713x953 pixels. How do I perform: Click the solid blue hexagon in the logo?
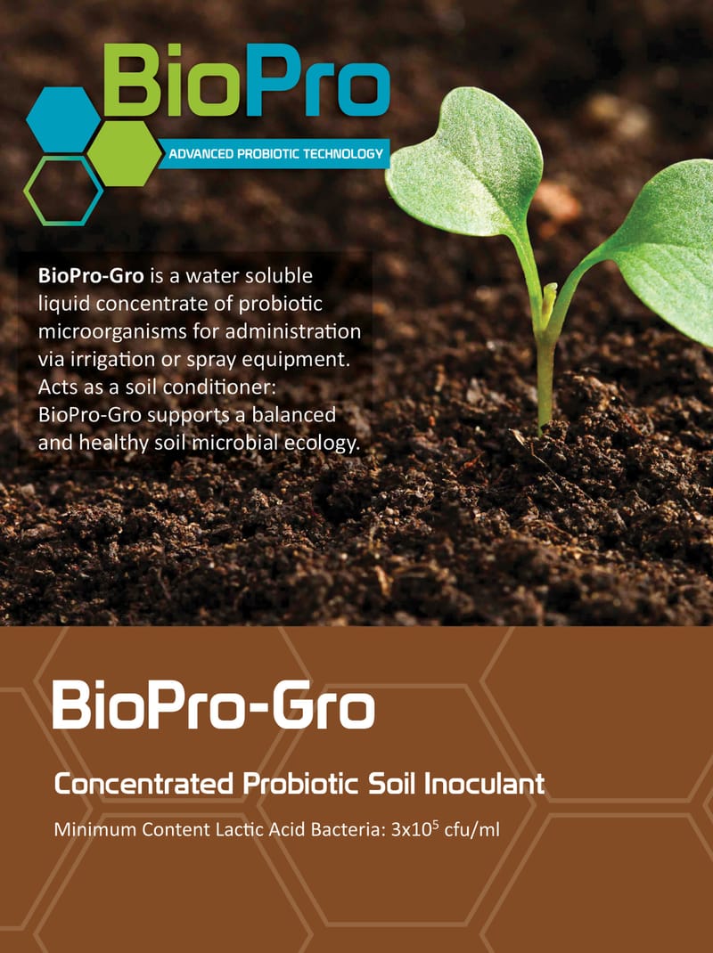pyautogui.click(x=62, y=119)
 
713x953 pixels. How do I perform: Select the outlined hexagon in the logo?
pyautogui.click(x=63, y=190)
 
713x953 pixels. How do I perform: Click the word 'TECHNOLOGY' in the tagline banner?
pyautogui.click(x=342, y=155)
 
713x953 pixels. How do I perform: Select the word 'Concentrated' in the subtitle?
pyautogui.click(x=143, y=786)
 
